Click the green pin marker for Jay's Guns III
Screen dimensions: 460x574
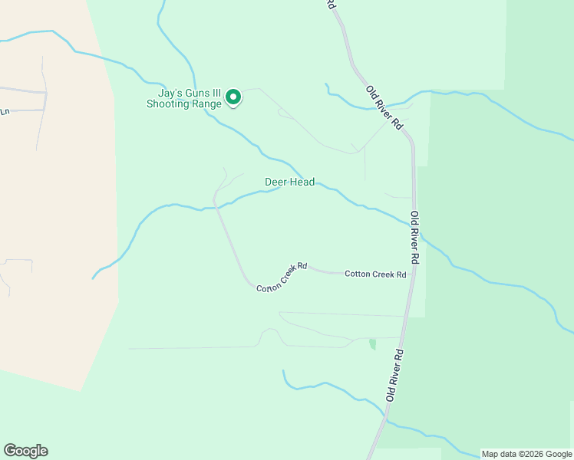point(233,97)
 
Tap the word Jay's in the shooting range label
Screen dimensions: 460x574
point(161,93)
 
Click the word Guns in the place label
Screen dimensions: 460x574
point(192,93)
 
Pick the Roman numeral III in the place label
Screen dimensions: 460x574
point(215,93)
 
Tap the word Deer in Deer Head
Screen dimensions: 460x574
point(276,182)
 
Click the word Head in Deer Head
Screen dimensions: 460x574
point(302,182)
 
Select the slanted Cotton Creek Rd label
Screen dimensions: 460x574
point(282,278)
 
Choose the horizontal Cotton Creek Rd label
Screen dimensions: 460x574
point(374,274)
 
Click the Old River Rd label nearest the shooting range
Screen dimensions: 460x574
point(384,107)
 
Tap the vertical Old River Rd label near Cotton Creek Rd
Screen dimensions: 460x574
point(414,238)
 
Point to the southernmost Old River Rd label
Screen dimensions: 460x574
point(394,376)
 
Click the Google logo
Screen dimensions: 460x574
point(25,451)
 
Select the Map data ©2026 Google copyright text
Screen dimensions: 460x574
point(526,454)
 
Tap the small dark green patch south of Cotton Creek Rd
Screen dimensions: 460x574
point(373,344)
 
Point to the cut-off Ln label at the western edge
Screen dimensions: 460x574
point(4,112)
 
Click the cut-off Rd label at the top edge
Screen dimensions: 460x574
point(331,4)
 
